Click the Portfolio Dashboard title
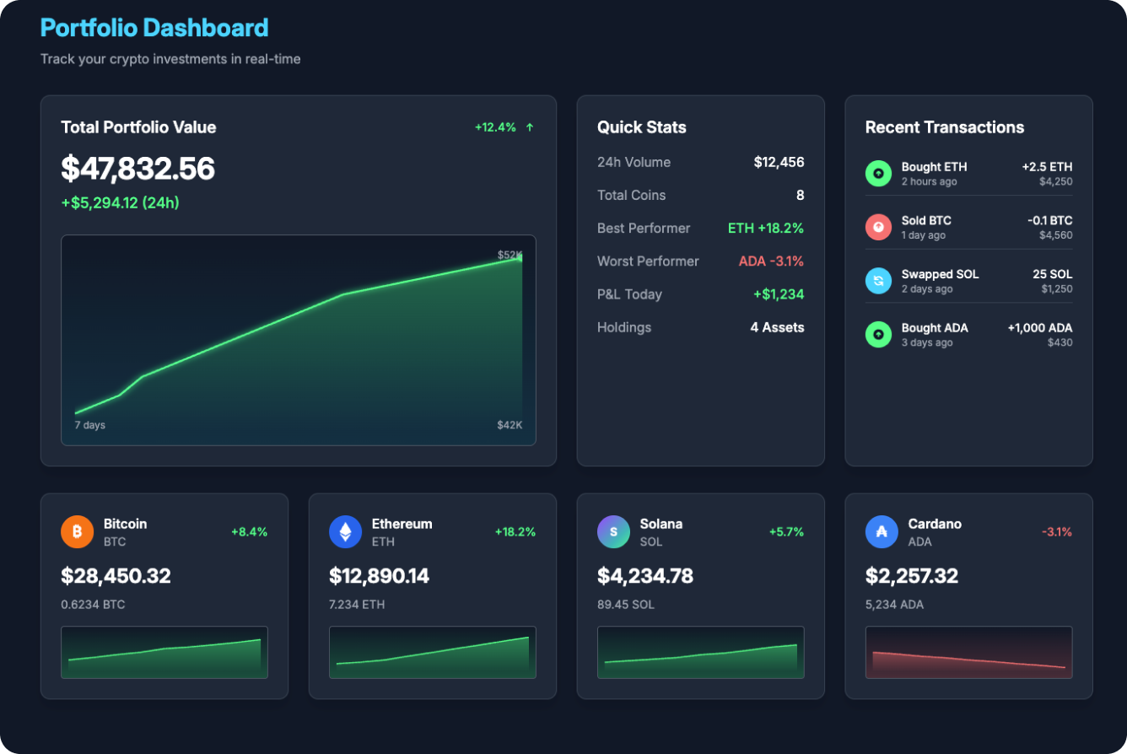[x=154, y=28]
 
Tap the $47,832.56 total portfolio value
[x=138, y=169]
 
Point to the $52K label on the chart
[x=510, y=255]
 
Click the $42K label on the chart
[x=510, y=425]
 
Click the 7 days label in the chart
[x=89, y=425]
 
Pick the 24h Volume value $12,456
[x=779, y=162]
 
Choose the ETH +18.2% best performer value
[x=765, y=229]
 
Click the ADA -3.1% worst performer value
[x=771, y=261]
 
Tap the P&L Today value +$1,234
[x=778, y=294]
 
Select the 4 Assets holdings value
[x=777, y=327]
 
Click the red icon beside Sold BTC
[x=878, y=227]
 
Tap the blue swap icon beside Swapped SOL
[x=878, y=281]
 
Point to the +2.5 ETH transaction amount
[x=1047, y=167]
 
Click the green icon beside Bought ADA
[x=878, y=335]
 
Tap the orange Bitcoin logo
[x=77, y=532]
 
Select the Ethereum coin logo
[x=345, y=532]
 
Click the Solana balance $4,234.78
[x=645, y=576]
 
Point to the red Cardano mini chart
[x=968, y=652]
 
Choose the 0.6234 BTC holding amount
[x=93, y=605]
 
